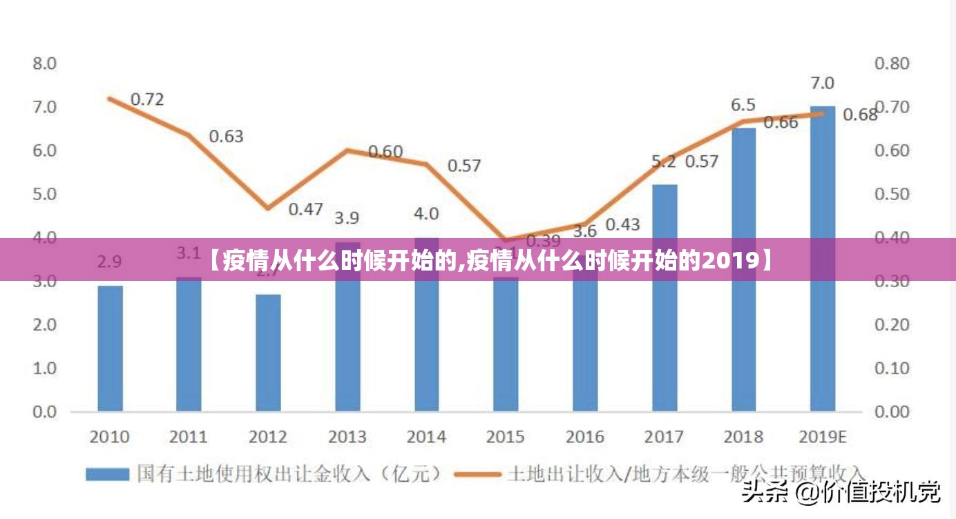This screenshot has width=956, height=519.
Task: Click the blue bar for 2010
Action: (110, 349)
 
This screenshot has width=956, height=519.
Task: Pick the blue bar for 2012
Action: (268, 353)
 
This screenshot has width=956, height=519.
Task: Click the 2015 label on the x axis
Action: (505, 438)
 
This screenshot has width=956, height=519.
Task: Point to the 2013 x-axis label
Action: (347, 438)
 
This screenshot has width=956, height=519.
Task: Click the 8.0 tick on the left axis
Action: (44, 63)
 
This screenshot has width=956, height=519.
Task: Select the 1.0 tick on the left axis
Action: (44, 368)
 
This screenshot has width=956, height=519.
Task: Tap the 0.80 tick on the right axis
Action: (892, 63)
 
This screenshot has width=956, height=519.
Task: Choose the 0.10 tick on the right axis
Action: (892, 368)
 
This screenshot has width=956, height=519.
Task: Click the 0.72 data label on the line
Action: (147, 99)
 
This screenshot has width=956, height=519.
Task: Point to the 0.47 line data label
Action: (305, 208)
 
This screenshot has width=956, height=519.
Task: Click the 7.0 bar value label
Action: (822, 84)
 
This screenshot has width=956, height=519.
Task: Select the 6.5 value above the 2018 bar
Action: (743, 105)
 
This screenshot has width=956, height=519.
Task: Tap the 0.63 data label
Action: (226, 137)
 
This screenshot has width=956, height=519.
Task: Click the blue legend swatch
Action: (107, 474)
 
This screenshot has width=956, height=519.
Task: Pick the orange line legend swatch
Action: (477, 474)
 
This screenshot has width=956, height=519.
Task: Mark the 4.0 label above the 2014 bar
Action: (426, 214)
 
